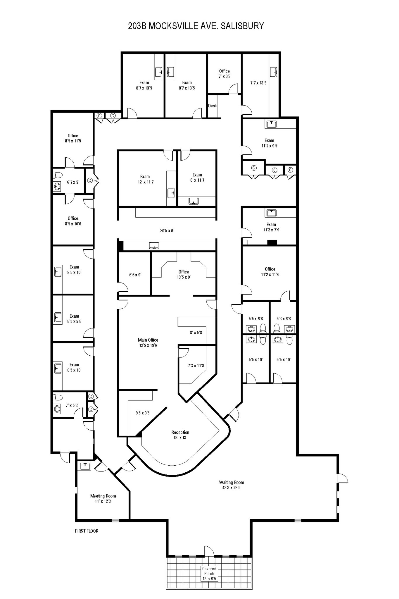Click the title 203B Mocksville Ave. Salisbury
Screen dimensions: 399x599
(x=196, y=26)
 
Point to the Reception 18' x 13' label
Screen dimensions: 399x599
(x=180, y=435)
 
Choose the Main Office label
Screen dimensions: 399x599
(x=148, y=340)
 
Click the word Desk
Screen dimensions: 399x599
(x=213, y=106)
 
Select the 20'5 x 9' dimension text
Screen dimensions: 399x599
(x=167, y=230)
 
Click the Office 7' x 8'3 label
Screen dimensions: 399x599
(x=224, y=73)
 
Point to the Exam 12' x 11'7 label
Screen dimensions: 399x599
(x=145, y=179)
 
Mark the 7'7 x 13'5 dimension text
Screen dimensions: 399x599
(x=258, y=83)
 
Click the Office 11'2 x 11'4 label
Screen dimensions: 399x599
(x=270, y=272)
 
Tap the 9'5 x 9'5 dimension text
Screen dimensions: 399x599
(x=143, y=413)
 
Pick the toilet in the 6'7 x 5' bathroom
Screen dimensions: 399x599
(x=58, y=175)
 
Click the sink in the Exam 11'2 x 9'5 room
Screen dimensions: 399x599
(x=272, y=124)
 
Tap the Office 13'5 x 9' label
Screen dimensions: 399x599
(x=184, y=274)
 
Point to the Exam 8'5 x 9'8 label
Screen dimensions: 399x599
(x=74, y=319)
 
